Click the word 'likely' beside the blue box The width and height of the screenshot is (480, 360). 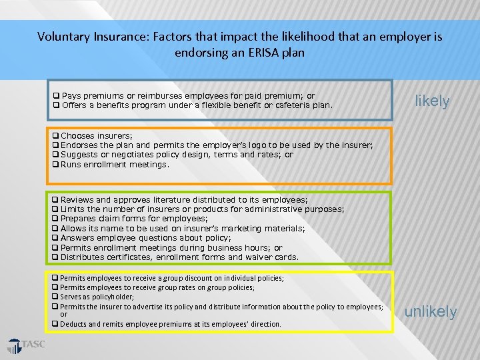[x=432, y=101]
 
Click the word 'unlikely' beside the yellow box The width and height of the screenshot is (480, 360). [x=431, y=311]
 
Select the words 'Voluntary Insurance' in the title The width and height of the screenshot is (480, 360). [x=87, y=37]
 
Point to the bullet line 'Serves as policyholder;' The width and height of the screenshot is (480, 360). [x=97, y=297]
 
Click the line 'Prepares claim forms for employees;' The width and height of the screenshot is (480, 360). [x=133, y=219]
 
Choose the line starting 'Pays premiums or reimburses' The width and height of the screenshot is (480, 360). [x=187, y=96]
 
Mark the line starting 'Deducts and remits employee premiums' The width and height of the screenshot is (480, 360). [x=170, y=324]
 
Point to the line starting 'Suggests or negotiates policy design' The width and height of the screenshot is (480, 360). [x=176, y=155]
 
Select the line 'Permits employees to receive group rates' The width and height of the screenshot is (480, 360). [x=157, y=287]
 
